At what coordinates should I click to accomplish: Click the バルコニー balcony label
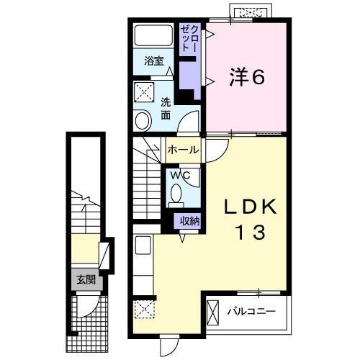tap(250, 312)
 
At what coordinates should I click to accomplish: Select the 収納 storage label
tap(189, 221)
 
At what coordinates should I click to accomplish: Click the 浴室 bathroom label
tap(153, 62)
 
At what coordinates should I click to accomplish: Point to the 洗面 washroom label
tap(166, 108)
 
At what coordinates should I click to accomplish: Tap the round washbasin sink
tap(143, 120)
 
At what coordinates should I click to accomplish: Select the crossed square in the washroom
tap(144, 92)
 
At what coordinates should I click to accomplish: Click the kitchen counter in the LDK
tap(142, 264)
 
